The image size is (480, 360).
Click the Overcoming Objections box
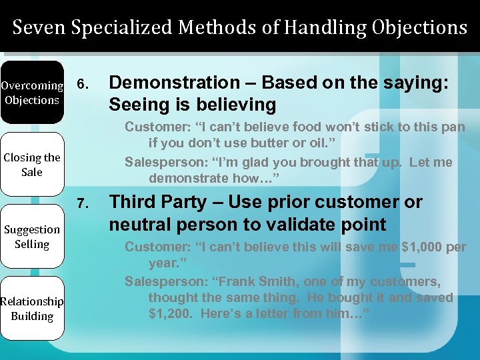pyautogui.click(x=32, y=93)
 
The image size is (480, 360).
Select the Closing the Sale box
pyautogui.click(x=32, y=165)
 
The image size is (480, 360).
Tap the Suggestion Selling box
pyautogui.click(x=32, y=237)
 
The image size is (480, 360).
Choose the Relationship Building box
pyautogui.click(x=32, y=309)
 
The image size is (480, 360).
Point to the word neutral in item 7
pyautogui.click(x=139, y=224)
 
